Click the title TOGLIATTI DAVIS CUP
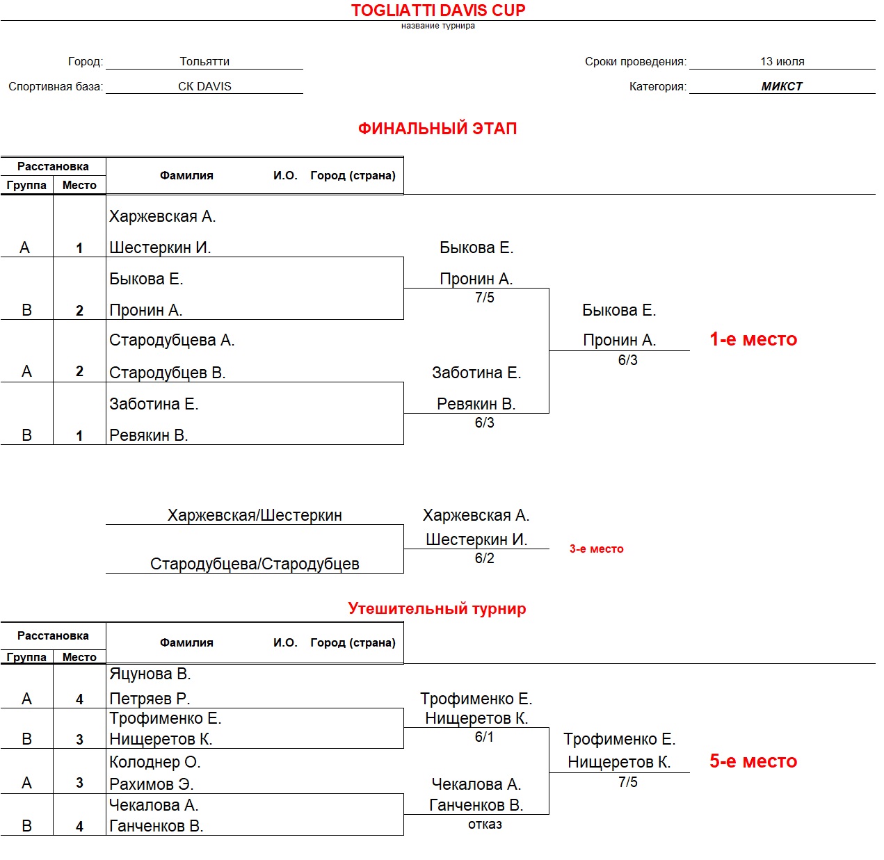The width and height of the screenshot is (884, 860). point(437,10)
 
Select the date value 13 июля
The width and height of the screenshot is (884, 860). point(782,61)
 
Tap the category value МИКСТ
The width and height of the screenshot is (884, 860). point(782,86)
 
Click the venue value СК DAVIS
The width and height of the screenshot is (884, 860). point(204,86)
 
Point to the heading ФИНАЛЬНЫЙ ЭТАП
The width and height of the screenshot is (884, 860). point(437,129)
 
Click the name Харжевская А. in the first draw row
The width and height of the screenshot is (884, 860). point(163,216)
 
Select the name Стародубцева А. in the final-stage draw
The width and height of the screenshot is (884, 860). point(172,340)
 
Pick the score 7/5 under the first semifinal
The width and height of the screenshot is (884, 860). point(485,298)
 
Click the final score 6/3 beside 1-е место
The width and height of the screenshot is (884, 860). point(627,360)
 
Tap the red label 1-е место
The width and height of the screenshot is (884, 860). point(753,339)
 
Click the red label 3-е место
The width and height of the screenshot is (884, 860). point(596,549)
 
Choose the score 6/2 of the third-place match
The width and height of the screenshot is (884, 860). point(485,558)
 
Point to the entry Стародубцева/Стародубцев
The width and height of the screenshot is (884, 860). point(255,564)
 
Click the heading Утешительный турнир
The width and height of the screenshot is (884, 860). point(437,609)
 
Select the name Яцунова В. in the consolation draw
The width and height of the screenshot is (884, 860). point(150,674)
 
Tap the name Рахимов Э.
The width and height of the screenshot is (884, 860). point(152,784)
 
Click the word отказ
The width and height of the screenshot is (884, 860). point(485,825)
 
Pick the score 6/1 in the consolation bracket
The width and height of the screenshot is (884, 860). point(484,737)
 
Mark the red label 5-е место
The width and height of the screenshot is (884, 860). point(753,761)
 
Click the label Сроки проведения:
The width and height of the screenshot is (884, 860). point(635,61)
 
